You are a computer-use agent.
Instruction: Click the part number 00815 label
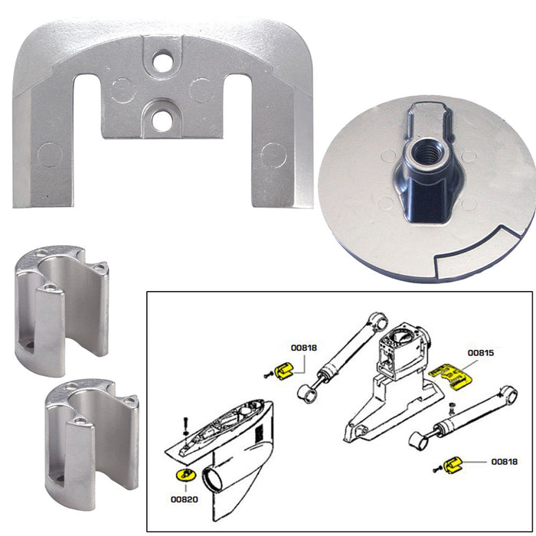(x=480, y=353)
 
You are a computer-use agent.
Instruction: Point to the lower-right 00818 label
(x=504, y=462)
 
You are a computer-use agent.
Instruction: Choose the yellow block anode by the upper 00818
(x=285, y=371)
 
